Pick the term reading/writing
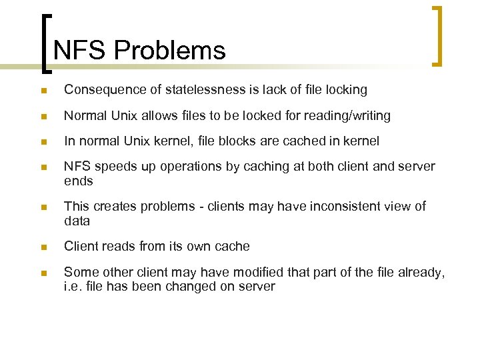347,116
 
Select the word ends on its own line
78,181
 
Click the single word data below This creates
77,221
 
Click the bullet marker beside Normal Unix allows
43,117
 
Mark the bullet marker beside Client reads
43,247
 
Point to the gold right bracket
437,37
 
